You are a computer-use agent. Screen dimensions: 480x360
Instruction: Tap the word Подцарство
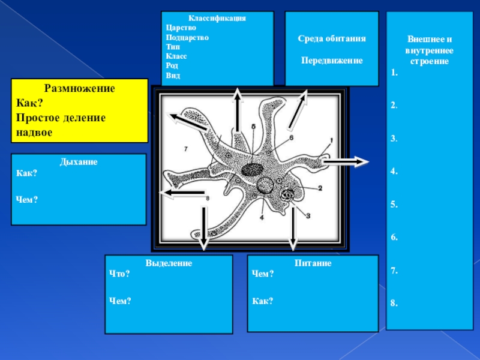[187, 37]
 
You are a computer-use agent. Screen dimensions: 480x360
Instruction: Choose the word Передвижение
[332, 61]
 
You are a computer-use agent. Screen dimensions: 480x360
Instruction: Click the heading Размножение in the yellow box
[79, 88]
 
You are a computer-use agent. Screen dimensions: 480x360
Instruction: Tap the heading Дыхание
[79, 162]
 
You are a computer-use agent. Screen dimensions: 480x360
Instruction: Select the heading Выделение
[169, 263]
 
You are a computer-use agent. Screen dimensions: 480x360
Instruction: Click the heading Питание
[313, 263]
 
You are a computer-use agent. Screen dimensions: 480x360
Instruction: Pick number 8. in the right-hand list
[394, 304]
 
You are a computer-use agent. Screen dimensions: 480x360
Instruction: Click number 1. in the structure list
[394, 73]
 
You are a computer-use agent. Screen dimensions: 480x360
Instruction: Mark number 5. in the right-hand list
[394, 205]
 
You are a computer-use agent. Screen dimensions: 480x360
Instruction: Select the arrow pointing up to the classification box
[238, 108]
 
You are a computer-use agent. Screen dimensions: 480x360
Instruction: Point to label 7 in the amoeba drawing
[187, 148]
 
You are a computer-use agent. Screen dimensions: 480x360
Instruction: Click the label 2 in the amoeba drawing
[320, 188]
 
